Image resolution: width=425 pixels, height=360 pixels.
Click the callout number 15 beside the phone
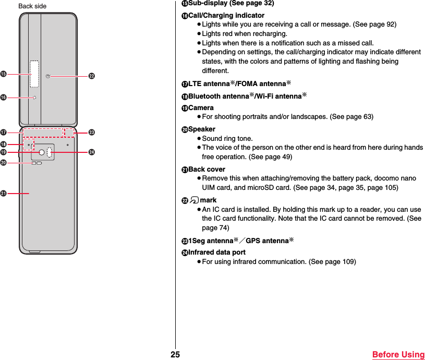coord(4,74)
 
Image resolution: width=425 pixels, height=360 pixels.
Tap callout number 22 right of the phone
coord(92,76)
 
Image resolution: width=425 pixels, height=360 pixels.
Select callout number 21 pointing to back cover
coord(4,194)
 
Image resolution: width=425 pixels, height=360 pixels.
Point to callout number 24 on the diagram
coord(92,152)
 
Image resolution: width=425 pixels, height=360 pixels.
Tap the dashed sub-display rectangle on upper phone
coord(34,74)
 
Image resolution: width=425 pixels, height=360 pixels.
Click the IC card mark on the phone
coord(48,76)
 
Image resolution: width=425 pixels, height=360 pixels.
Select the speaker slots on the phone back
coord(37,163)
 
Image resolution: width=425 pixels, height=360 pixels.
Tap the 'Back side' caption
coord(32,6)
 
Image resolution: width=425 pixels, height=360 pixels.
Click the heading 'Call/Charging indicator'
coord(226,15)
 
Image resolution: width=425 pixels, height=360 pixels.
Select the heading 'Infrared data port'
coord(216,252)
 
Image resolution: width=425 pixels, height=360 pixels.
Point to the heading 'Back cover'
coord(207,169)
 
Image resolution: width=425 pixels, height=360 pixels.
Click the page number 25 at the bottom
coord(175,355)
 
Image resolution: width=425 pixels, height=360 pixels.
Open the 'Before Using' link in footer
coord(398,355)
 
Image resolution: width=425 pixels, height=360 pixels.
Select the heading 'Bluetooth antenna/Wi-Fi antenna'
coord(247,96)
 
